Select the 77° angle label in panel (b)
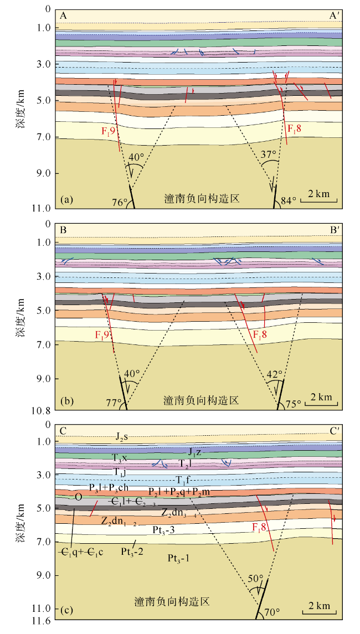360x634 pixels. pyautogui.click(x=114, y=403)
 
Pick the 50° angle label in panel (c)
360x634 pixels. pyautogui.click(x=255, y=579)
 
